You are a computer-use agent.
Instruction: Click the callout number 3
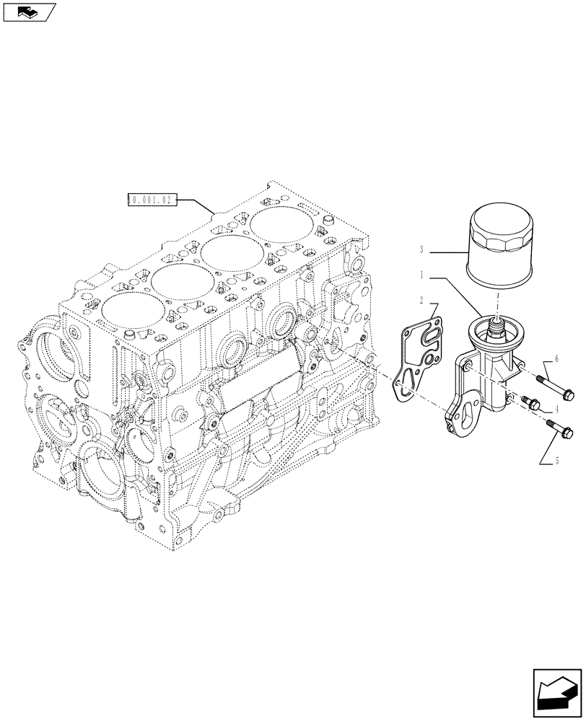pos(420,250)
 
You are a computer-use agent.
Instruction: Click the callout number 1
pos(420,275)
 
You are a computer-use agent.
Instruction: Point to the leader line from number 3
pos(447,251)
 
